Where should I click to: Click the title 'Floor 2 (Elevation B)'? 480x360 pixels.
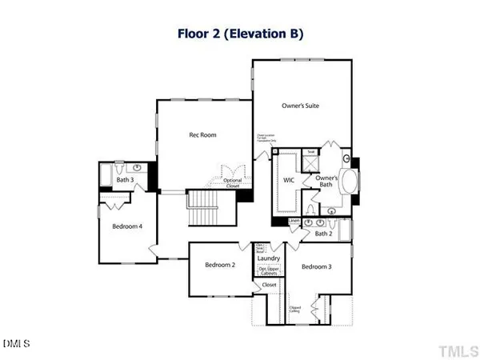(239, 34)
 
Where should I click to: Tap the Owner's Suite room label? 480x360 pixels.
(301, 106)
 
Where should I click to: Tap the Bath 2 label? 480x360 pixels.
(322, 234)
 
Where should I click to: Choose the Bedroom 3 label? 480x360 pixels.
(318, 266)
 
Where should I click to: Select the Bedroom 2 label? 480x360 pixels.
(218, 265)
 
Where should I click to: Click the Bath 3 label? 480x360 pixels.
(125, 180)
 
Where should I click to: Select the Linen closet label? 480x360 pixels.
(294, 221)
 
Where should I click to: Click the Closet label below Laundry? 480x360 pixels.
(270, 284)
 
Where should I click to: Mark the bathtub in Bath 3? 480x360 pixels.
(107, 174)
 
